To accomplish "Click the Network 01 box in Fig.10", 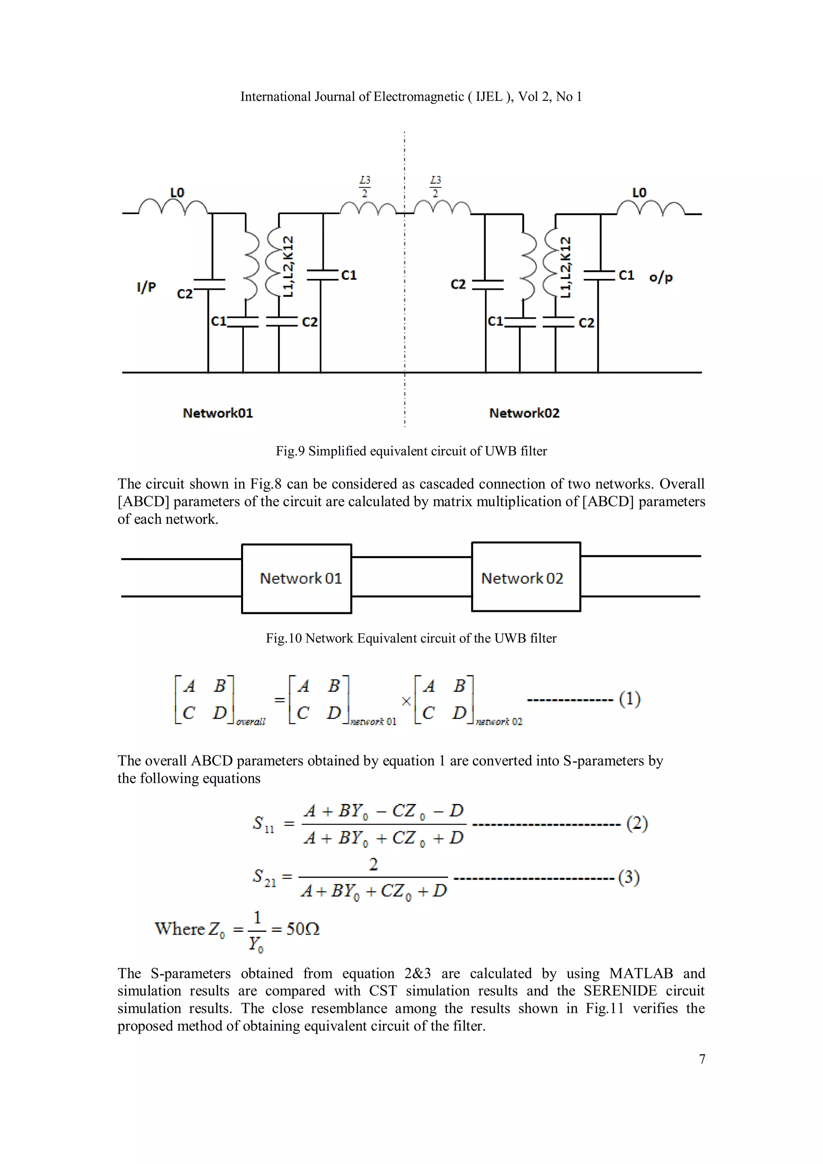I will [297, 579].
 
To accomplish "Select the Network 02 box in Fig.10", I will [526, 577].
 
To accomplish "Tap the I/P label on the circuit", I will [146, 287].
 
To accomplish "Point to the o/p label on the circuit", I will [661, 277].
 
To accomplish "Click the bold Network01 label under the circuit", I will [217, 413].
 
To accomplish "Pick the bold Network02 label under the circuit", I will [524, 413].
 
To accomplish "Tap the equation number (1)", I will [629, 699].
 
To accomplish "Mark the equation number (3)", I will [629, 877].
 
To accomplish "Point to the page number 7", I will [702, 1059].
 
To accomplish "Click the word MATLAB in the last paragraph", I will [641, 974].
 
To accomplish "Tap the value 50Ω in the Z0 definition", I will [303, 929].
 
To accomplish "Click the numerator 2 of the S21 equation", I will [373, 864].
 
